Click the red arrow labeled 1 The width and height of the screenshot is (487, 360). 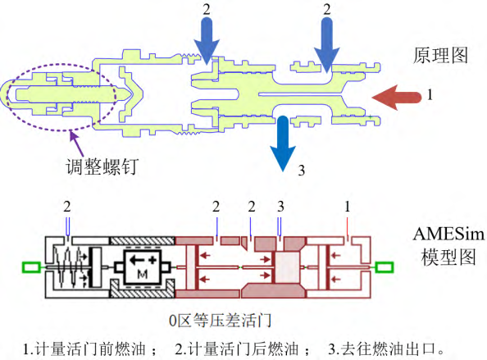(x=397, y=98)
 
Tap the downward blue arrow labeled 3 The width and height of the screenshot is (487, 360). (x=283, y=144)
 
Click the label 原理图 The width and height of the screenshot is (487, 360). (x=440, y=56)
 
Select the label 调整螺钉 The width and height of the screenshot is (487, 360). (x=102, y=166)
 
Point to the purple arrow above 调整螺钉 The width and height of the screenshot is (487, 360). (x=77, y=144)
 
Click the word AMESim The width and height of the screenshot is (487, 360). (x=448, y=234)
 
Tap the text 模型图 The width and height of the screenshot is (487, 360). (x=448, y=257)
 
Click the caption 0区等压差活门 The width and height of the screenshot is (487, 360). (x=220, y=321)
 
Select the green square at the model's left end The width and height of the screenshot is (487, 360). (x=31, y=267)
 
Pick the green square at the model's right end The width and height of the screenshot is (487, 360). (x=385, y=267)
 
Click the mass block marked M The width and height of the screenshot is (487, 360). (x=143, y=267)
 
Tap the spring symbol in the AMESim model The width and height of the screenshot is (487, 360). (x=66, y=267)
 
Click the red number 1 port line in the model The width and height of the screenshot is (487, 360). (x=348, y=228)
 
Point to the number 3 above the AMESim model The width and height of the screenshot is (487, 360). (x=280, y=207)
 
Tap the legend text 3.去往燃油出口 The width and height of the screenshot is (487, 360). (x=386, y=349)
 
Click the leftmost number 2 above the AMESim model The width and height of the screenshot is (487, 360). (x=67, y=207)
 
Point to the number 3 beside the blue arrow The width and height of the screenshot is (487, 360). (x=301, y=171)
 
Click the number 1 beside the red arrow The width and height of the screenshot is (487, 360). (x=430, y=94)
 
